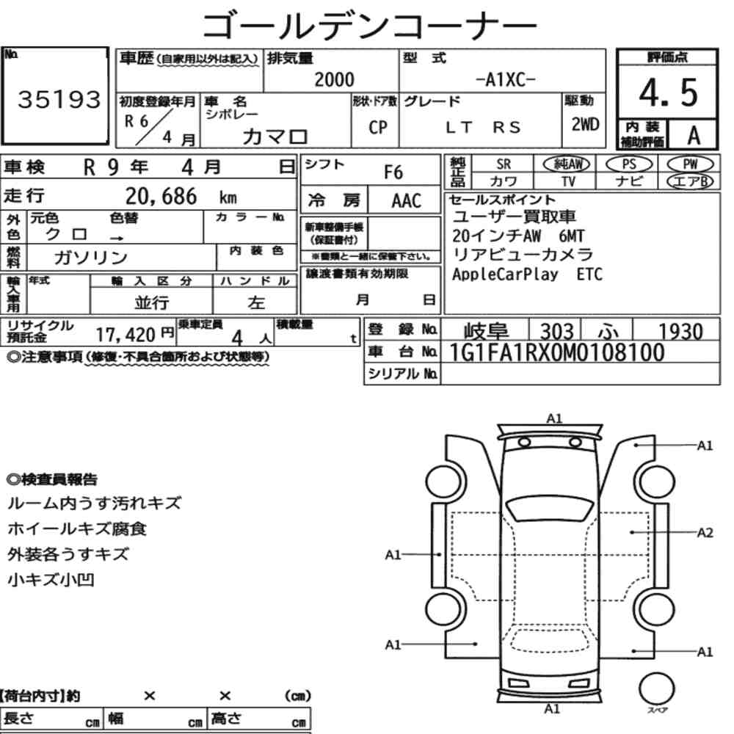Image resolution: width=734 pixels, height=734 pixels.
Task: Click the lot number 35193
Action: click(59, 99)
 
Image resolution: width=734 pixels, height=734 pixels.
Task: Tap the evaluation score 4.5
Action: click(668, 92)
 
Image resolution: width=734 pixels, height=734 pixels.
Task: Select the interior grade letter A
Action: click(694, 135)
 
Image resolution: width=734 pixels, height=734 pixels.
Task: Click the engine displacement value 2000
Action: click(334, 79)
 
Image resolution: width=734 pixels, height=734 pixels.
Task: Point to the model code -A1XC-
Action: click(505, 80)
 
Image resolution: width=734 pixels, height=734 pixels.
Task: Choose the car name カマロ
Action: click(275, 137)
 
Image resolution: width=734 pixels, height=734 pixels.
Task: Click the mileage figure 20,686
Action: click(161, 196)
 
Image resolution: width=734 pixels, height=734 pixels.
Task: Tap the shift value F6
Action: click(393, 172)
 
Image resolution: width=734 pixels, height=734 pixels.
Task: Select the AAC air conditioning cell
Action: click(407, 201)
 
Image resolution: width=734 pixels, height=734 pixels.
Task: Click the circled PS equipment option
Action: click(629, 164)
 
